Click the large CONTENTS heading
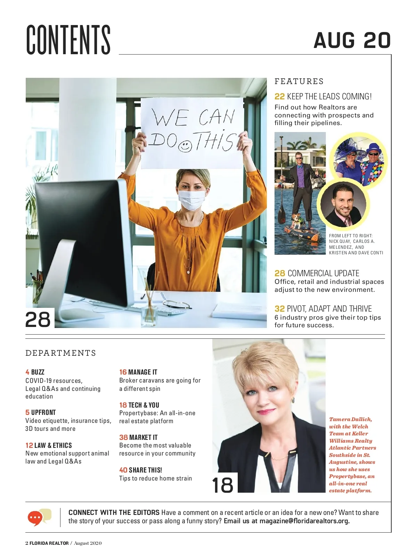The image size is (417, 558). click(x=68, y=40)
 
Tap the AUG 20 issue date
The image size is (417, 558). click(x=352, y=40)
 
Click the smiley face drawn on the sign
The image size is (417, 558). click(x=185, y=146)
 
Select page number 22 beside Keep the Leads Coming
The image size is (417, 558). click(x=279, y=97)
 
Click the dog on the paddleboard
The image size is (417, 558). click(x=296, y=221)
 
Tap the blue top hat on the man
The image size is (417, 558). click(x=374, y=148)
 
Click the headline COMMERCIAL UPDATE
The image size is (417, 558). click(x=323, y=273)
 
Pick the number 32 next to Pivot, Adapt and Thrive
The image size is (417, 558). click(x=279, y=309)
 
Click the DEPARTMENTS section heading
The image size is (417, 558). click(x=61, y=353)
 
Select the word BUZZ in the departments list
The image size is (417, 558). click(x=38, y=372)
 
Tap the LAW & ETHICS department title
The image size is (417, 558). click(x=53, y=445)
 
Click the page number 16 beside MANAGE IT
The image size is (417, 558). click(x=123, y=372)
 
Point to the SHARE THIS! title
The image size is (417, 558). click(x=145, y=470)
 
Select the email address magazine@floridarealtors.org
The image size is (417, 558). click(x=304, y=521)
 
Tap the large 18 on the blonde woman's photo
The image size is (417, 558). click(x=223, y=485)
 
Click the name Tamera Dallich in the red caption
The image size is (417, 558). click(x=350, y=419)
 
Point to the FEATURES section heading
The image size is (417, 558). click(x=299, y=81)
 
